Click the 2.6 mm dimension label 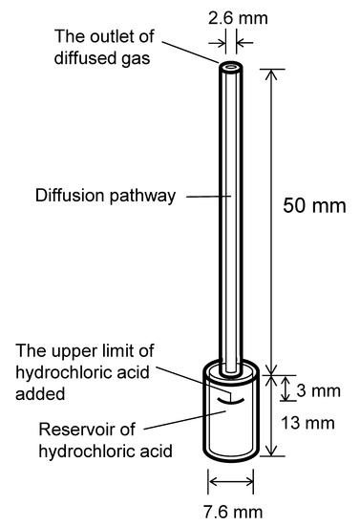tap(230, 15)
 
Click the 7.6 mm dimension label tap(230, 505)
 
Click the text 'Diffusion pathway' tap(106, 197)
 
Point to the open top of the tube tap(230, 69)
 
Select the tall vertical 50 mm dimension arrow tap(275, 220)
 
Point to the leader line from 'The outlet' tap(195, 52)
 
